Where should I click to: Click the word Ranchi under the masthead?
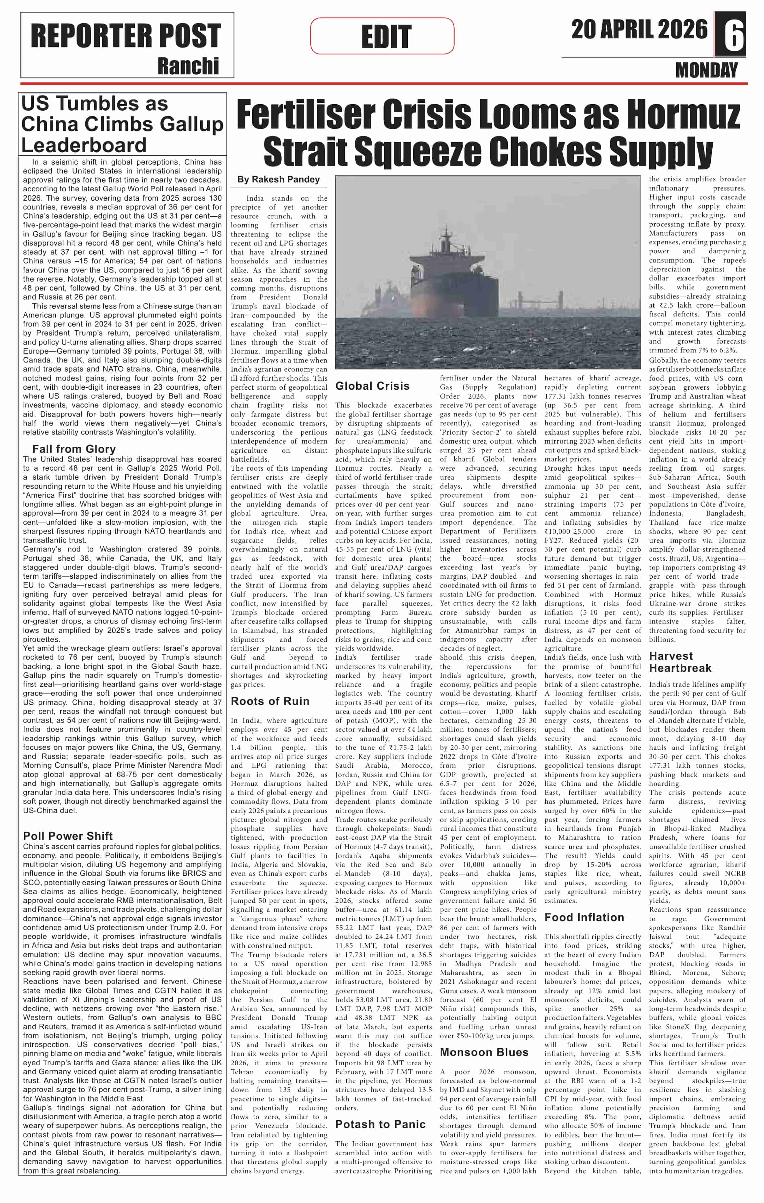[x=188, y=66]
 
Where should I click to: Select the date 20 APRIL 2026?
[x=639, y=30]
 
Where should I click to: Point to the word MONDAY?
[x=706, y=70]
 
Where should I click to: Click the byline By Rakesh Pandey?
[x=278, y=179]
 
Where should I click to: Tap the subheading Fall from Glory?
[x=74, y=449]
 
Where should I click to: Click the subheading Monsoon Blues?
[x=484, y=1052]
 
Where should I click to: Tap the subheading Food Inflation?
[x=584, y=917]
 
